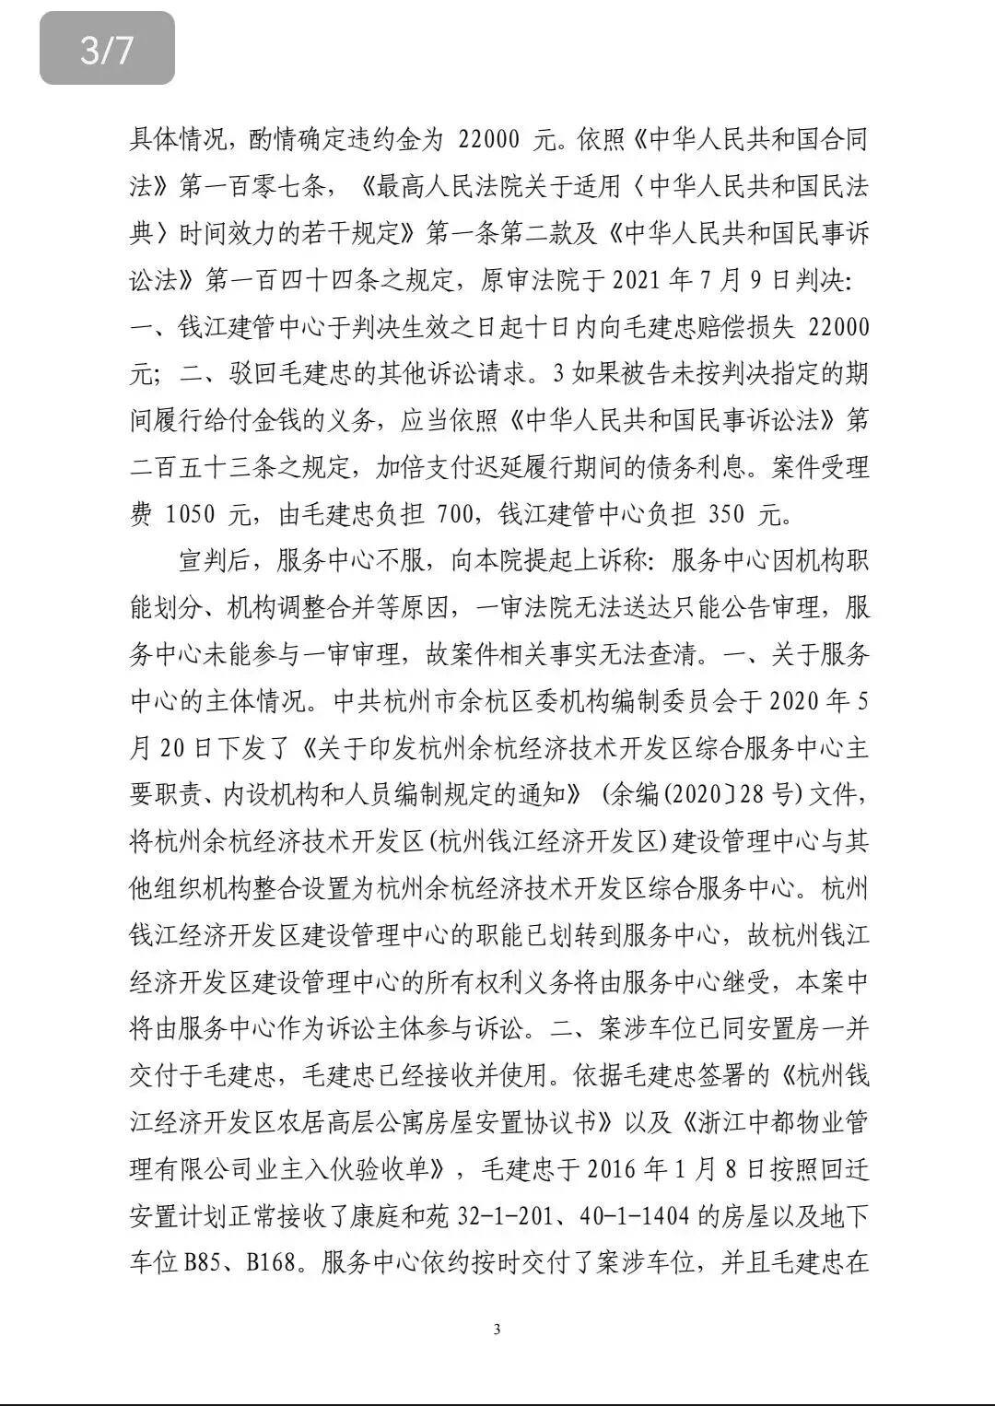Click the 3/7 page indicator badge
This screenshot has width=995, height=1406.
[x=107, y=48]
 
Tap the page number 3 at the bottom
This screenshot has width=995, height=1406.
[x=497, y=1329]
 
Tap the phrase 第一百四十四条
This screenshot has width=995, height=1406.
[x=300, y=279]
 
